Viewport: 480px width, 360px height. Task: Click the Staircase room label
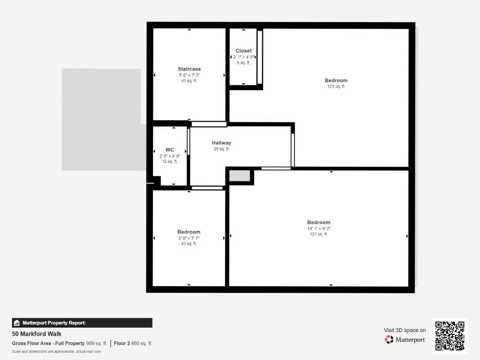(x=189, y=69)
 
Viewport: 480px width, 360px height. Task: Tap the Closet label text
(x=243, y=51)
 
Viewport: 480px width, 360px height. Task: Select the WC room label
(x=170, y=150)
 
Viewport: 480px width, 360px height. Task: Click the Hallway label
(x=221, y=143)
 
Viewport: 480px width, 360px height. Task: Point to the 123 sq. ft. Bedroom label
(x=336, y=81)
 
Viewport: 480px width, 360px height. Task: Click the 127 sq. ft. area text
(x=319, y=234)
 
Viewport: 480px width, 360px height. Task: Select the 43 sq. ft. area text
(x=188, y=243)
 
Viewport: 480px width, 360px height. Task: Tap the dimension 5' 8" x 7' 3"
(x=189, y=75)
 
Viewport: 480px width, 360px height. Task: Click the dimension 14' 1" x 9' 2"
(x=319, y=228)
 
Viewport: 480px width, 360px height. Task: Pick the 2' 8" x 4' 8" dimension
(x=170, y=156)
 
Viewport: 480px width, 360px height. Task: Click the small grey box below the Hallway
(x=239, y=175)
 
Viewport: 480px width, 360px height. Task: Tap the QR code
(x=449, y=336)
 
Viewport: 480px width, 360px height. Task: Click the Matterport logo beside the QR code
(x=405, y=340)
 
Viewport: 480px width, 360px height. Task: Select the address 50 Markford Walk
(x=36, y=334)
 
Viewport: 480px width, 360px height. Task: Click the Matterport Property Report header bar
(x=82, y=323)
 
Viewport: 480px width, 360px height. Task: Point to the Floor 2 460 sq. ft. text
(x=133, y=343)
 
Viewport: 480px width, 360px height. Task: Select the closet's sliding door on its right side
(x=260, y=57)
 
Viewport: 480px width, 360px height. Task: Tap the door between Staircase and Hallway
(x=209, y=124)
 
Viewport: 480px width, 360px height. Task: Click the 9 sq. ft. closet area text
(x=243, y=63)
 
